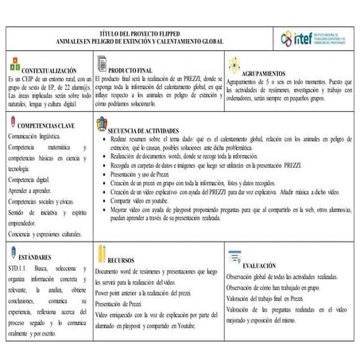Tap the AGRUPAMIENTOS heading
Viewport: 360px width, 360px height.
click(282, 72)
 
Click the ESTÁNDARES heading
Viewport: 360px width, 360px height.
click(37, 258)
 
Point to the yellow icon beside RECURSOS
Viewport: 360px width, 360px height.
click(102, 254)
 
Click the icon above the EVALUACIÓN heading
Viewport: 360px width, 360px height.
click(234, 257)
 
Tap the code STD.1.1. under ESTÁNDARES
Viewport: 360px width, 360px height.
click(19, 271)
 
